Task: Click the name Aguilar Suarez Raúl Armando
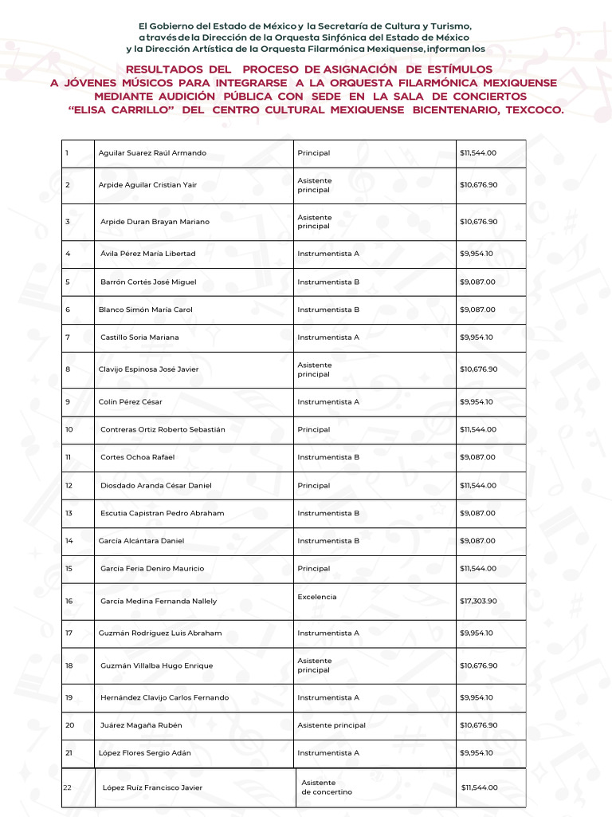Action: [152, 153]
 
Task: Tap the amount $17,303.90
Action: [478, 602]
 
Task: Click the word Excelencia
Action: [317, 597]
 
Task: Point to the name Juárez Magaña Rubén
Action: [141, 725]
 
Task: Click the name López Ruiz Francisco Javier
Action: [152, 788]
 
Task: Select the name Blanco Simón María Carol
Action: [146, 310]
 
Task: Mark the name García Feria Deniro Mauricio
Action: [152, 569]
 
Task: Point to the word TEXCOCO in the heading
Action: [533, 110]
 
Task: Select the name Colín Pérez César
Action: [130, 402]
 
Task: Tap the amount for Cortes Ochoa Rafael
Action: [477, 458]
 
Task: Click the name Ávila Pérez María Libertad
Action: [147, 255]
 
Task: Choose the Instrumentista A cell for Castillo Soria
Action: [328, 337]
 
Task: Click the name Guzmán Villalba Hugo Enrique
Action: [157, 666]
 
